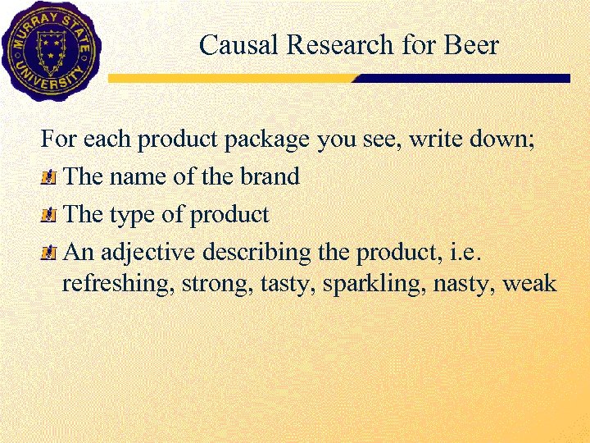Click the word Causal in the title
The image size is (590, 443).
pos(229,44)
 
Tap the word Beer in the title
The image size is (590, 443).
pos(471,44)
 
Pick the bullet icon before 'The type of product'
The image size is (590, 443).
pos(50,216)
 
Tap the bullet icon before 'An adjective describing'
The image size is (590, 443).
pos(50,253)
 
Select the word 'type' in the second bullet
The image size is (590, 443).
pos(127,216)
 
